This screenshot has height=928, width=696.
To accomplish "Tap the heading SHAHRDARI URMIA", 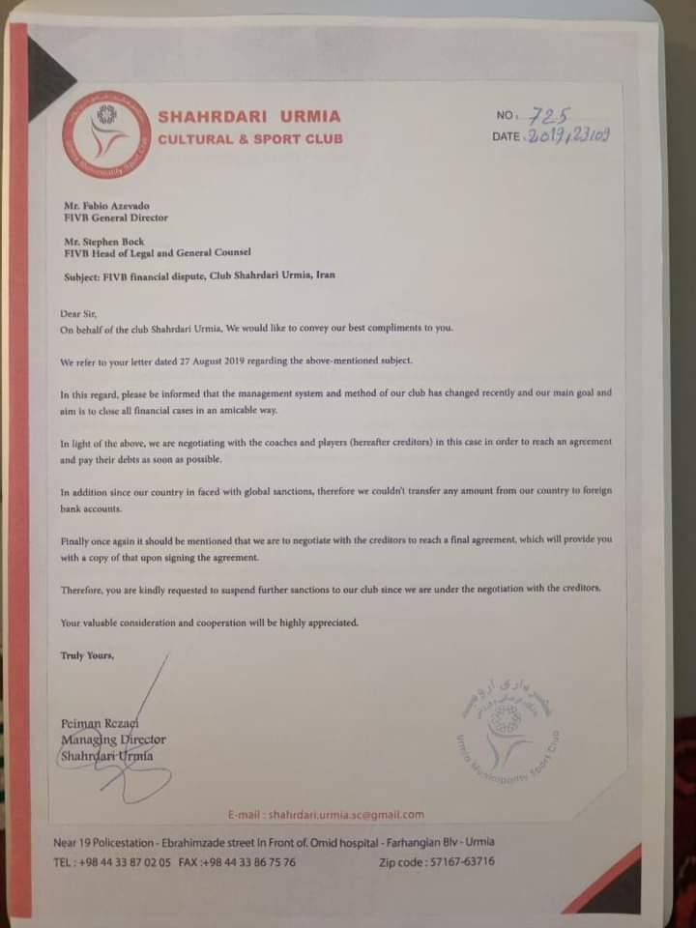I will pos(248,117).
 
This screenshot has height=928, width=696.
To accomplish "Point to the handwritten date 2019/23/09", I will pos(565,136).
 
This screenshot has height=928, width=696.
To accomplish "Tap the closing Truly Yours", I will pos(87,656).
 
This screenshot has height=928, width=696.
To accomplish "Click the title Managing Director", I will pos(112,739).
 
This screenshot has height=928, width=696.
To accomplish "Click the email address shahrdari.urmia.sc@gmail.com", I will pos(333,815).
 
